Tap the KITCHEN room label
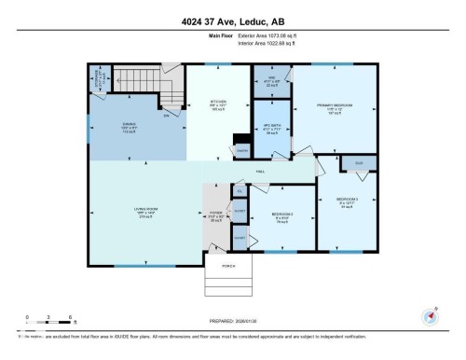218,102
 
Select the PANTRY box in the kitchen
240,150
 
